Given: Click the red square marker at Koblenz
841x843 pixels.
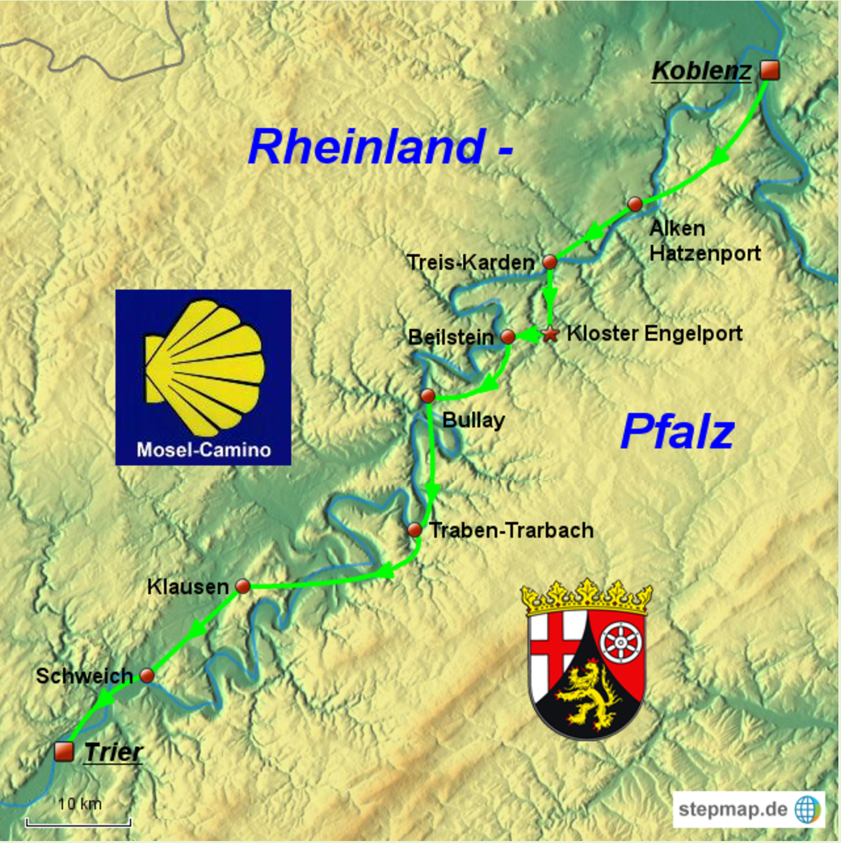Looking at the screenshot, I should pyautogui.click(x=769, y=70).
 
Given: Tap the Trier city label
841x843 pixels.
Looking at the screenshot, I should pyautogui.click(x=113, y=752).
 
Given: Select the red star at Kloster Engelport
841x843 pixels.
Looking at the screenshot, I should pyautogui.click(x=550, y=335).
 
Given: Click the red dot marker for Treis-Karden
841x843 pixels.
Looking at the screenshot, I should pyautogui.click(x=550, y=262).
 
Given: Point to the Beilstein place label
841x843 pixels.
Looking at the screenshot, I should pyautogui.click(x=451, y=337).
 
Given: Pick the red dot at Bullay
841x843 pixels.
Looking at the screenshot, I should pyautogui.click(x=428, y=396).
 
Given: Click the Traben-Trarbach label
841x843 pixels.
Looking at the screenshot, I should pyautogui.click(x=511, y=530).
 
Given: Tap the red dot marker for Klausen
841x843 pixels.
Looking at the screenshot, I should pyautogui.click(x=243, y=586).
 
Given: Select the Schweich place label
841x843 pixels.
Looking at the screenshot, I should pyautogui.click(x=84, y=676).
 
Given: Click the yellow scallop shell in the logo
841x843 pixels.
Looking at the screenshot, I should pyautogui.click(x=205, y=368).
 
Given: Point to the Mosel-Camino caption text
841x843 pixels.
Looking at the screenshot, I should pyautogui.click(x=203, y=450).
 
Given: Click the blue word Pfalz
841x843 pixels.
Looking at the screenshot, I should pyautogui.click(x=677, y=432).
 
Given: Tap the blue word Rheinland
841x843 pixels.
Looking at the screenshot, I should pyautogui.click(x=367, y=146).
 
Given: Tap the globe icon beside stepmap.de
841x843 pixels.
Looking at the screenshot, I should pyautogui.click(x=808, y=809).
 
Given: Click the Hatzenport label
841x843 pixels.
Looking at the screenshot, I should pyautogui.click(x=705, y=253).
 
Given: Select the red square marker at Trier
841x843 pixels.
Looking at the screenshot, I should pyautogui.click(x=64, y=751).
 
